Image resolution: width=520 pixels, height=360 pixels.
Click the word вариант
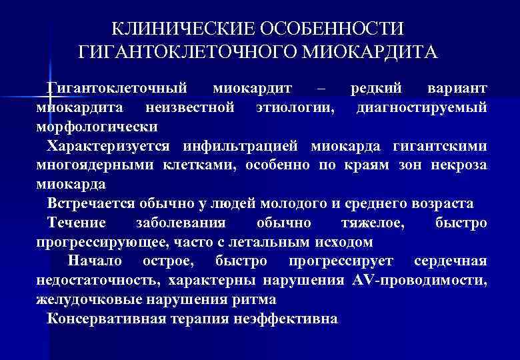[456, 89]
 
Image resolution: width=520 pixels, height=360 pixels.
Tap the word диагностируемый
[421, 107]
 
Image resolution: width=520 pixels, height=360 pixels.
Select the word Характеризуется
[109, 145]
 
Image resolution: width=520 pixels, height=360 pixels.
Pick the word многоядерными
[96, 165]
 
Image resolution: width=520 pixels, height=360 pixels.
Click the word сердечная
[450, 261]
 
